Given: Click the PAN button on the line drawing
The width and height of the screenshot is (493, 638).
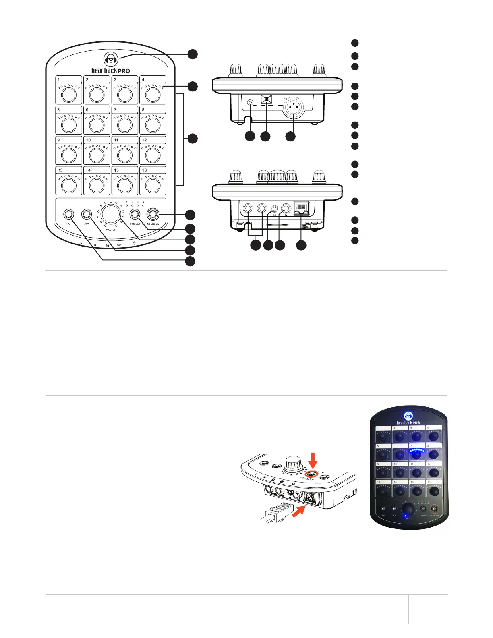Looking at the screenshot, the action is coord(69,214).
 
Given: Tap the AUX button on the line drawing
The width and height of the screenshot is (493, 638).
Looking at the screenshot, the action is coord(87,214).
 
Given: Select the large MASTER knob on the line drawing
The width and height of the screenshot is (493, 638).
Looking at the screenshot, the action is coord(111,214).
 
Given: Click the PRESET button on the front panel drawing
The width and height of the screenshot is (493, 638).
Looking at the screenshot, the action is coord(135,214).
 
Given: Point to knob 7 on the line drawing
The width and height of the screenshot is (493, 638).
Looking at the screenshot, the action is coord(125,125).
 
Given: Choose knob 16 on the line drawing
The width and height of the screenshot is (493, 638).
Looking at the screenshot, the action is coord(153,185).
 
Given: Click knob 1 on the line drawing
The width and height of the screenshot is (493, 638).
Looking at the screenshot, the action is coord(69,95).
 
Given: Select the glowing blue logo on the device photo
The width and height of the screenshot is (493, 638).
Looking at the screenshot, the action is coord(408,416).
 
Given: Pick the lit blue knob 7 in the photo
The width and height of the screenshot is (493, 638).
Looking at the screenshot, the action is coord(417,454).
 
